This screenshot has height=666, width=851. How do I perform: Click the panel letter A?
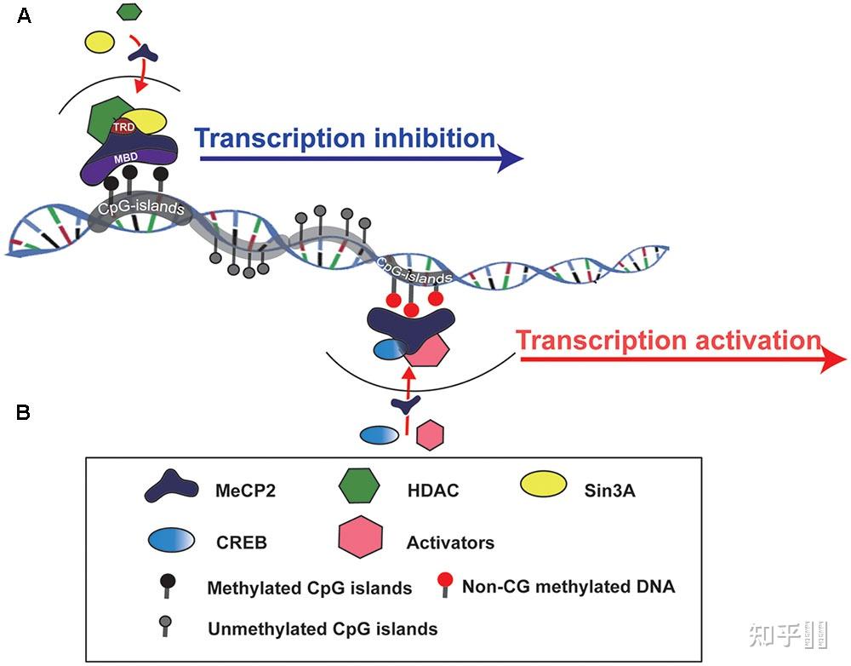tap(24, 15)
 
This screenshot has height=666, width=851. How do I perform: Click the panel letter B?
tap(24, 413)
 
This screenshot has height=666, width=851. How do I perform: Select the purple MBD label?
tap(128, 159)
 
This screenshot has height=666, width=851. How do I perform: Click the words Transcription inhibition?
tap(346, 138)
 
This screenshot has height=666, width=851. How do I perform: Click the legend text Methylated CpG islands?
tap(310, 588)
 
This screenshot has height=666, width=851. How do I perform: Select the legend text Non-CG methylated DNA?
tap(568, 586)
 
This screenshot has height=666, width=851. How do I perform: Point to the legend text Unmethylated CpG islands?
tap(323, 629)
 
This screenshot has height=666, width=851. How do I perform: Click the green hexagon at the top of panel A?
tap(129, 11)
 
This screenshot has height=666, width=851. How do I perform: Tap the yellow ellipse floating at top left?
tap(100, 41)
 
